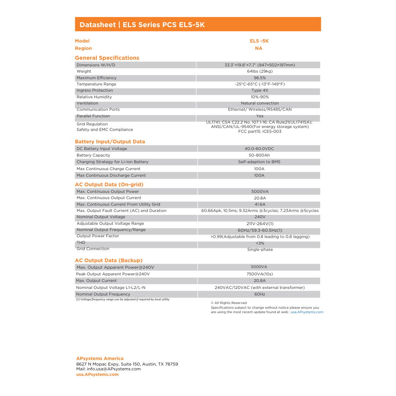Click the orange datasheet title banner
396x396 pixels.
(x=198, y=25)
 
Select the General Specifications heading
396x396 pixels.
(x=107, y=58)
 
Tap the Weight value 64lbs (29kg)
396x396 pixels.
(x=260, y=71)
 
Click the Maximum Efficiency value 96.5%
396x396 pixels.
(x=260, y=78)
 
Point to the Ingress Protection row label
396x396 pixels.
(x=95, y=91)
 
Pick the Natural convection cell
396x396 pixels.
(x=260, y=103)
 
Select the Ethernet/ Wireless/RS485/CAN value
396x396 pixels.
(x=260, y=110)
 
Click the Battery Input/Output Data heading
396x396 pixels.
(x=110, y=142)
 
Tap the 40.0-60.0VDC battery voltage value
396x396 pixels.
(x=259, y=149)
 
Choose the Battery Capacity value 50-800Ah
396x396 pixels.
(x=259, y=155)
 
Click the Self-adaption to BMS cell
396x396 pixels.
(x=259, y=162)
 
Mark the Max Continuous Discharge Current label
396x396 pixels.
(x=111, y=176)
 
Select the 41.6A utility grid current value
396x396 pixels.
(x=260, y=205)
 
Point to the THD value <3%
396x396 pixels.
(x=260, y=243)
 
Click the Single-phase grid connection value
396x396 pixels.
(x=260, y=250)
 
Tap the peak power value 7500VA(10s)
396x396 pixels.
(x=260, y=274)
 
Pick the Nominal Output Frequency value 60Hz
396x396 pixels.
(x=260, y=294)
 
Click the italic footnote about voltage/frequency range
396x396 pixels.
(x=122, y=300)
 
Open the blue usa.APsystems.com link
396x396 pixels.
(x=307, y=312)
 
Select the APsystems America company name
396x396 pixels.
(x=100, y=359)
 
